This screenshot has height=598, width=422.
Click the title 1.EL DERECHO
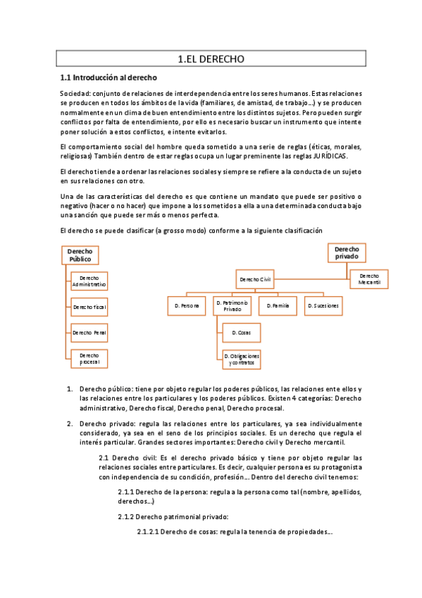[211, 60]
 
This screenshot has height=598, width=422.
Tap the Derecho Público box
[80, 255]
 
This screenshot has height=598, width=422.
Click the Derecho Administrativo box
[89, 281]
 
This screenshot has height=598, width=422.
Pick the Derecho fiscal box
[89, 307]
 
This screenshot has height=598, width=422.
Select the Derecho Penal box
[89, 332]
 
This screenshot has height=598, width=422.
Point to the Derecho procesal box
[89, 358]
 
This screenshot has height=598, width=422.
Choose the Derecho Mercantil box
[369, 279]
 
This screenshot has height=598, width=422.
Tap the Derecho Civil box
[255, 279]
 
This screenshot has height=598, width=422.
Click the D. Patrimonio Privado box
[232, 306]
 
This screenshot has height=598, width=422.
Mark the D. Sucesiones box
[323, 306]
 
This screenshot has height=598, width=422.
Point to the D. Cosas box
[242, 331]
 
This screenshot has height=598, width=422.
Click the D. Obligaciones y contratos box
[242, 359]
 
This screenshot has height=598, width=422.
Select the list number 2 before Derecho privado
[70, 423]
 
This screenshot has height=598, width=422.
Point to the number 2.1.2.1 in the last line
[149, 532]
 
